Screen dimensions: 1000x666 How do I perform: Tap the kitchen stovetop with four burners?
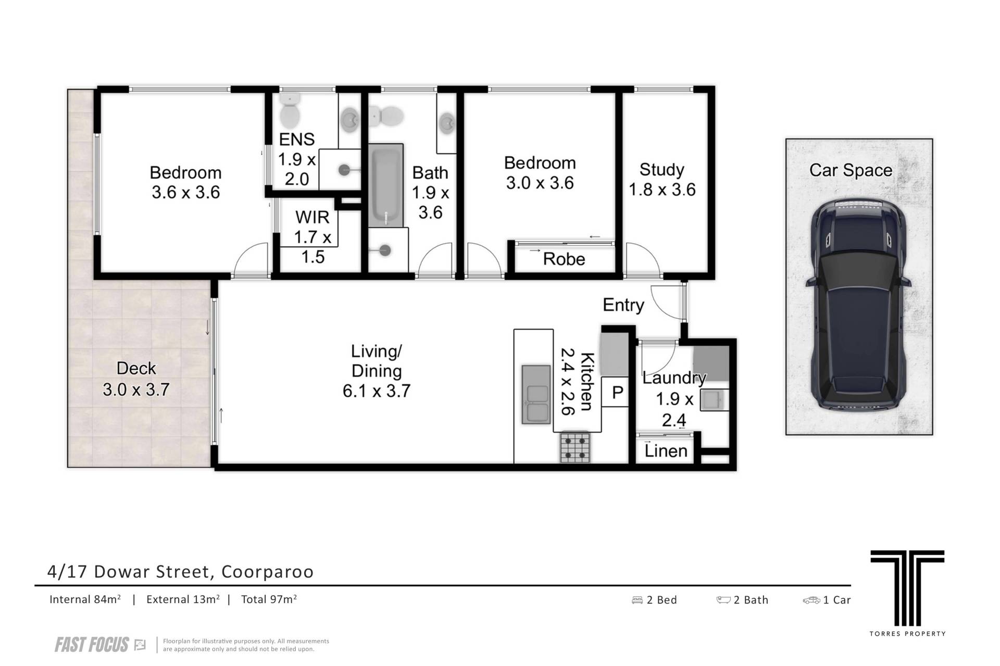tap(576, 448)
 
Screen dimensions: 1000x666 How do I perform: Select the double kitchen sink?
tap(536, 394)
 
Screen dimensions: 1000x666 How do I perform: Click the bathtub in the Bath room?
tap(386, 185)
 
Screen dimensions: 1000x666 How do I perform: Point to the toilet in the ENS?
tap(289, 110)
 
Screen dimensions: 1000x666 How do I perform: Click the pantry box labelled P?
tap(617, 393)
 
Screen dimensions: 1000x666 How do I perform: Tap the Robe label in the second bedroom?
tap(564, 259)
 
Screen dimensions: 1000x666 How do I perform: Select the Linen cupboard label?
tap(666, 450)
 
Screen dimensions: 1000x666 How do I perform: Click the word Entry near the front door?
tap(623, 305)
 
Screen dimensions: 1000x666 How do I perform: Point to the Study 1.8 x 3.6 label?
tap(662, 180)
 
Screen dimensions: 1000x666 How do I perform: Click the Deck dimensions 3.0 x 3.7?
tap(136, 389)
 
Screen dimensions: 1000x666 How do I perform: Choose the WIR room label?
tap(312, 217)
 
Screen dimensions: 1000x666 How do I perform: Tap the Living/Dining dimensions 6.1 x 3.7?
tap(377, 391)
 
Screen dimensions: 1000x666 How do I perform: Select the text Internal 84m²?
tap(85, 599)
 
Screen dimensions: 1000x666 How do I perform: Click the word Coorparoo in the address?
tap(268, 572)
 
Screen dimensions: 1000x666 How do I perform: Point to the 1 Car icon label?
tap(827, 600)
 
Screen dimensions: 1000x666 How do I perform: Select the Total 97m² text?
tap(269, 599)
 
